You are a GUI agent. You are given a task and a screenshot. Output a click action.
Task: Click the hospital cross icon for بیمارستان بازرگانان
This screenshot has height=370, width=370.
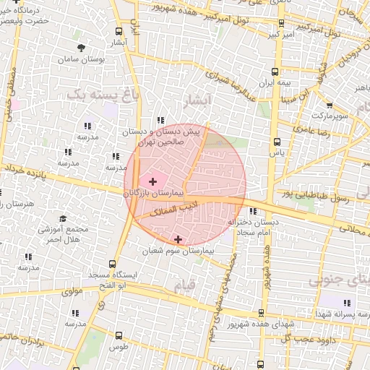tap(152, 181)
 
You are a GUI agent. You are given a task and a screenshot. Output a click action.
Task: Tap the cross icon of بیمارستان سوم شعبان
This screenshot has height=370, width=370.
tap(178, 238)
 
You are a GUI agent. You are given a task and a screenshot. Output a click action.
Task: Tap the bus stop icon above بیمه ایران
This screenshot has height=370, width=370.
tap(275, 71)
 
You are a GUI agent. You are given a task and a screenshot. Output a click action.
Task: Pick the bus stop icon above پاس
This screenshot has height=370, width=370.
tap(276, 142)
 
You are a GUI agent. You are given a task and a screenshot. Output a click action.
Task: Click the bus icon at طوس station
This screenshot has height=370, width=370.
tap(119, 336)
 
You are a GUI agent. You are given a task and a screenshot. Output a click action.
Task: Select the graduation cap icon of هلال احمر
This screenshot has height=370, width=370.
tap(63, 218)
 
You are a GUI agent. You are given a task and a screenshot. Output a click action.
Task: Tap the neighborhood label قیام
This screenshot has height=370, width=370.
tap(184, 285)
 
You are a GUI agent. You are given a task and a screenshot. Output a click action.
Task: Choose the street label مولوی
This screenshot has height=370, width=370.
tap(73, 293)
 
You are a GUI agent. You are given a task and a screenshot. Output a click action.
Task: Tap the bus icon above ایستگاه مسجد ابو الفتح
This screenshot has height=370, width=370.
tap(111, 265)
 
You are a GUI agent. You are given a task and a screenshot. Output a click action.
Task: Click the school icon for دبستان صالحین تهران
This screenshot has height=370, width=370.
tap(160, 121)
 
